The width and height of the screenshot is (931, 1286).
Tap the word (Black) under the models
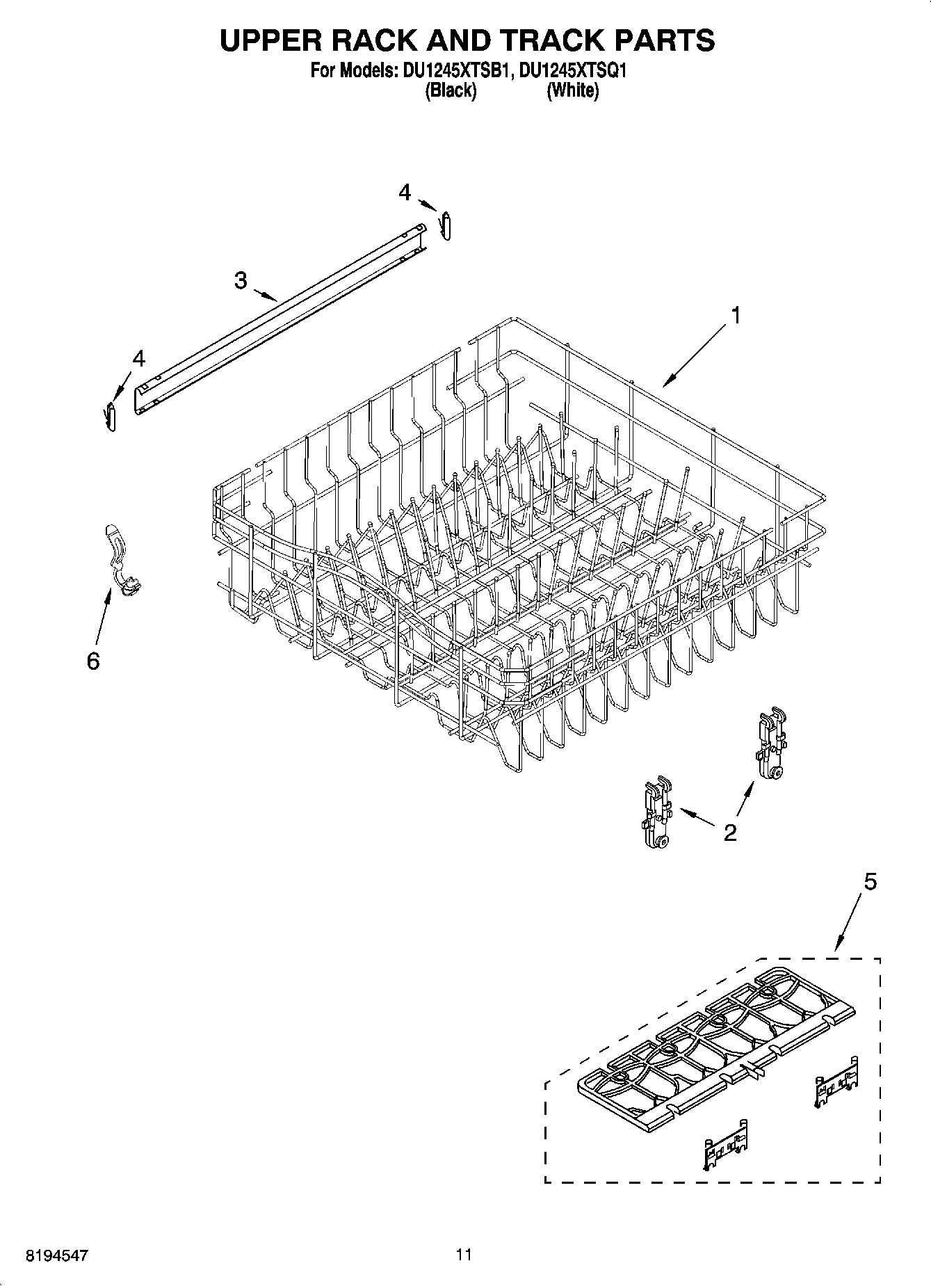pos(451,90)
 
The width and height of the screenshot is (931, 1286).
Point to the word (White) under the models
pos(572,90)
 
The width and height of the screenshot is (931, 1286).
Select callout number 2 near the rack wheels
pos(729,832)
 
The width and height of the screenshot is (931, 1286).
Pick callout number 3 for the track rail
pos(240,280)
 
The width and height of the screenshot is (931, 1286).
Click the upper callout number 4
pos(405,193)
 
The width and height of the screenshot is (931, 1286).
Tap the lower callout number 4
pos(138,359)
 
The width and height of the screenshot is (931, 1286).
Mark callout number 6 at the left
pos(93,661)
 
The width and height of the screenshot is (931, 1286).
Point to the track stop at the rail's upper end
pos(446,225)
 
